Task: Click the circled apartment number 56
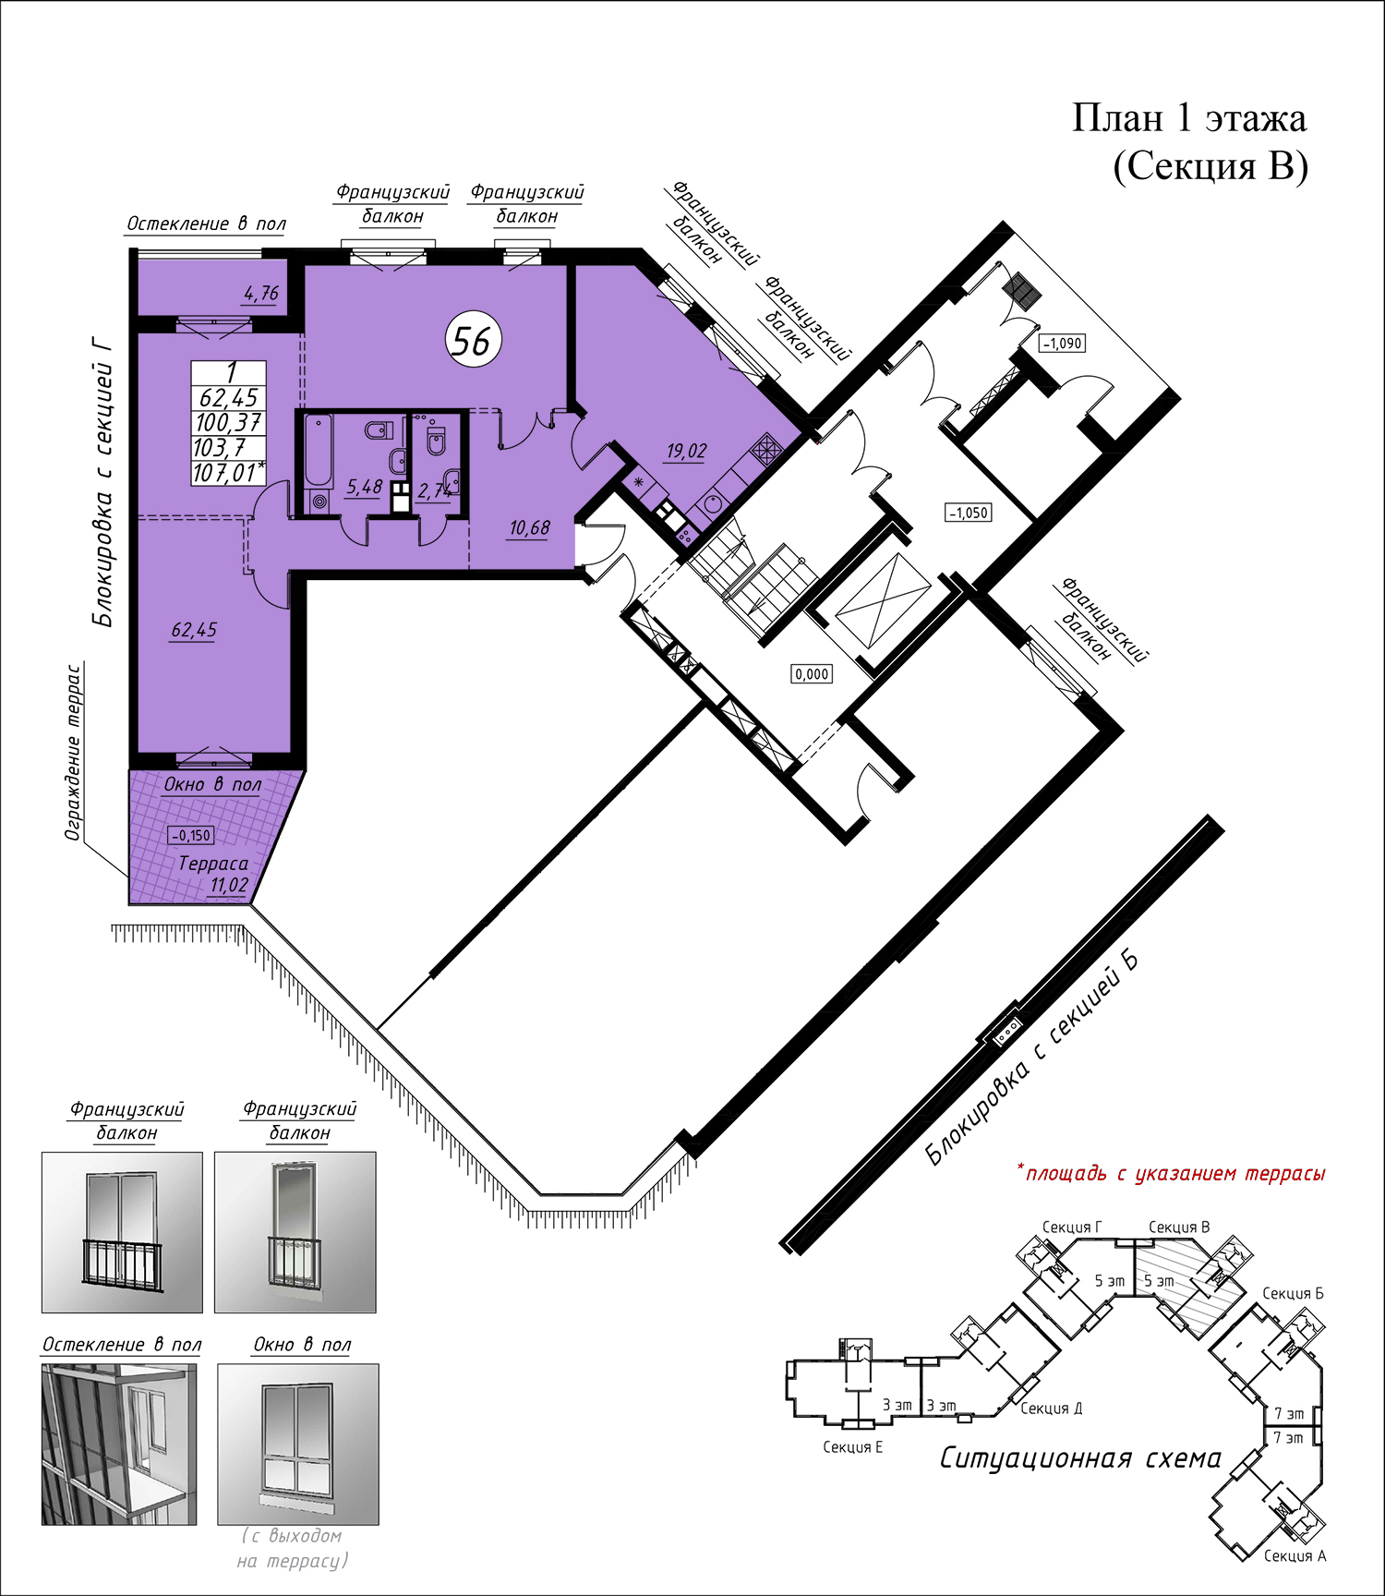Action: pos(473,340)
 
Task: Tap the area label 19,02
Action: pos(686,451)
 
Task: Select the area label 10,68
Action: pos(529,527)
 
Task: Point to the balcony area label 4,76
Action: pos(261,293)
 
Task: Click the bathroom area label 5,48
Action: pos(364,487)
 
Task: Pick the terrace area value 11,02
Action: pos(229,886)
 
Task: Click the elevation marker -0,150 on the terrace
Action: pos(191,835)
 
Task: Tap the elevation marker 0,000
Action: pos(812,674)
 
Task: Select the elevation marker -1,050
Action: pos(969,513)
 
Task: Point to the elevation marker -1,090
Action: pos(1062,344)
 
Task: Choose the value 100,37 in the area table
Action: pos(229,423)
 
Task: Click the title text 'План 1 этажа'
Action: pos(1189,118)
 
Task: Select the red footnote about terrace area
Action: pos(1171,1173)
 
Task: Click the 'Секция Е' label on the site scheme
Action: pos(852,1446)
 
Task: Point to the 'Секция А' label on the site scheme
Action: pos(1295,1555)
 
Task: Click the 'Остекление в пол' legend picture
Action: pos(119,1445)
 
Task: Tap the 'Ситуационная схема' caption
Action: pos(1080,1458)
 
